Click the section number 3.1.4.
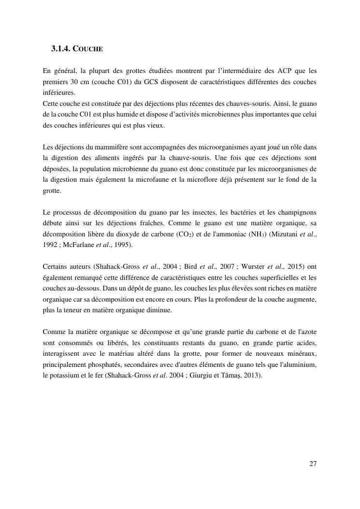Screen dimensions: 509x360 point(60,49)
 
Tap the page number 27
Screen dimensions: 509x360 point(313,464)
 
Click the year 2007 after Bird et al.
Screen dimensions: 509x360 point(226,267)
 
